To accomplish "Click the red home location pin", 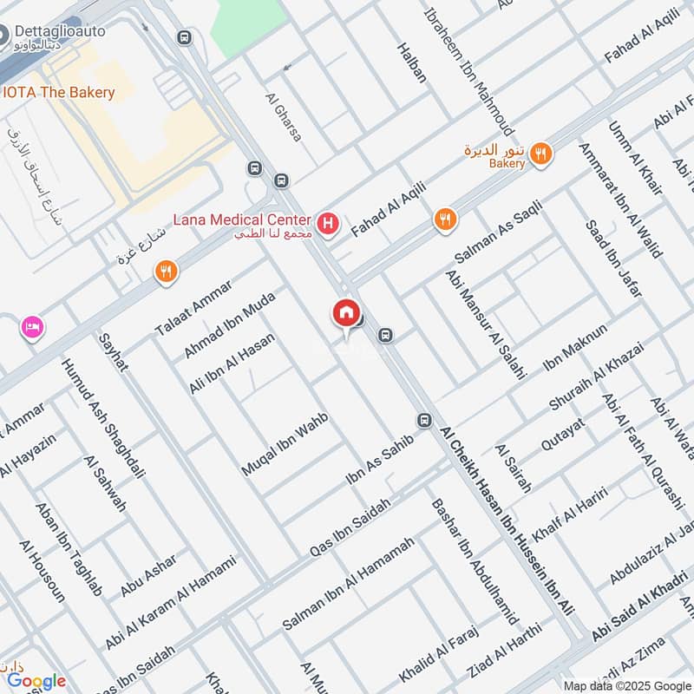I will coord(345,313).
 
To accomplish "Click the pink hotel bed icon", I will coord(32,328).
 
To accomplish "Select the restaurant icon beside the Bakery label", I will coord(541,154).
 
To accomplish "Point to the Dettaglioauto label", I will coord(58,31).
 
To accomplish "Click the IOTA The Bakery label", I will coord(59,92).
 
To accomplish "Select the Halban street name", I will coord(412,62).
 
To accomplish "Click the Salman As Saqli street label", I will coord(497,232).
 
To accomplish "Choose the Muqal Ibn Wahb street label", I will coord(285,443).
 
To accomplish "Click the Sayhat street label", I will coord(114,351).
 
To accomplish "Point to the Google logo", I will coord(36,681).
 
